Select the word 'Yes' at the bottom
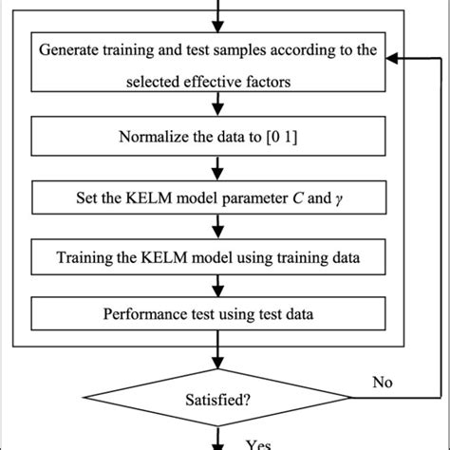[x=259, y=443]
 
